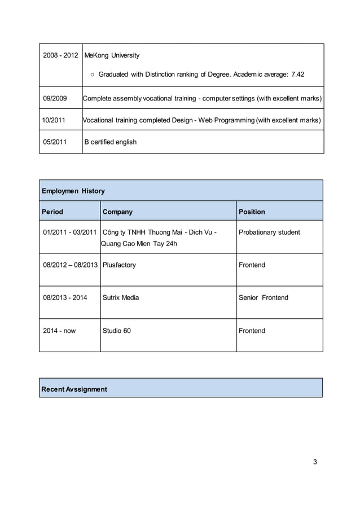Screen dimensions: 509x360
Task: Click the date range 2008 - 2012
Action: click(61, 55)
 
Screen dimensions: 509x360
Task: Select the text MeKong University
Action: click(112, 55)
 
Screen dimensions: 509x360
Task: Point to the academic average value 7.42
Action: click(296, 74)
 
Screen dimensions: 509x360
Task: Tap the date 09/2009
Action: click(55, 99)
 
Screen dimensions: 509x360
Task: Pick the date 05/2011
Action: click(55, 142)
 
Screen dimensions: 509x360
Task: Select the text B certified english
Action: click(110, 142)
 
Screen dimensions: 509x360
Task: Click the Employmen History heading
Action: click(73, 191)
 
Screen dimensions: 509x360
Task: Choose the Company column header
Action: click(117, 212)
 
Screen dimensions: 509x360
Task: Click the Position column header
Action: click(252, 212)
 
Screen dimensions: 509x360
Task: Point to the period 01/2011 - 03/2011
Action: click(70, 232)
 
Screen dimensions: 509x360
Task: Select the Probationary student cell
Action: click(270, 232)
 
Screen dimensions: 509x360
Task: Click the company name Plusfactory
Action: click(119, 265)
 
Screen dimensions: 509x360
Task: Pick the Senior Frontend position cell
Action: click(264, 297)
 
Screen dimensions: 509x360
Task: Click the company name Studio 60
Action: click(117, 331)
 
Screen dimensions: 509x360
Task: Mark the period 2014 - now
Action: click(59, 331)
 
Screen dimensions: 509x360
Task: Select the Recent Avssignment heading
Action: click(74, 389)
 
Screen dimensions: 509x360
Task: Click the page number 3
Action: click(315, 462)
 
